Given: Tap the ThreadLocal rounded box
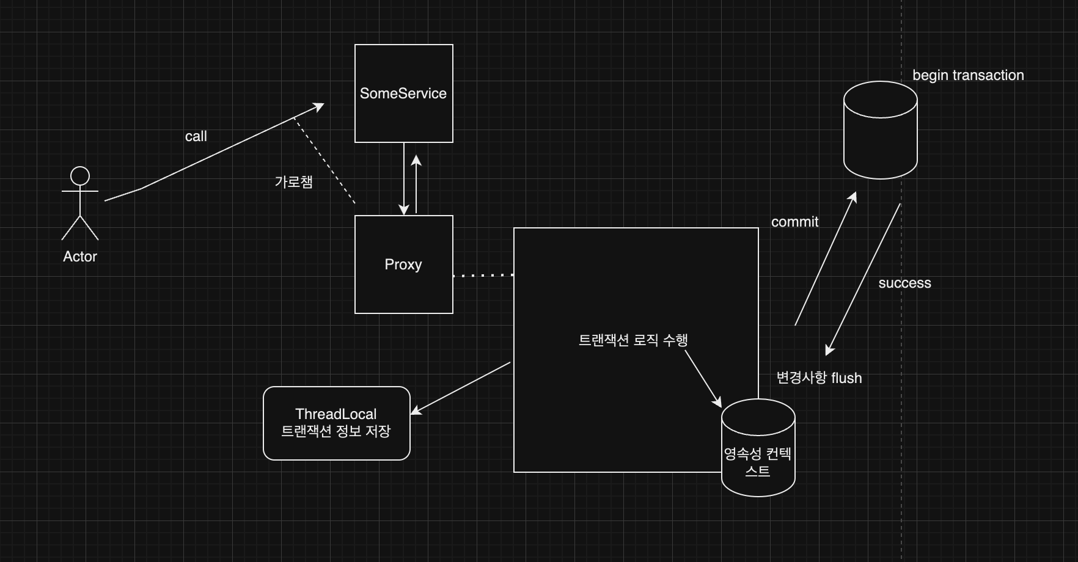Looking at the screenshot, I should (336, 423).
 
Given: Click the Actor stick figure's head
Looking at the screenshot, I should (80, 176).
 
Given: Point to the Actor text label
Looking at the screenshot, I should (80, 257).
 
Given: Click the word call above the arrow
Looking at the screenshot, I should (196, 136).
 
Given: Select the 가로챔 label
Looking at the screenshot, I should (293, 181).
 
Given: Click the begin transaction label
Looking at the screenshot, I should (968, 75).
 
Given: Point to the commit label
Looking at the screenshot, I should (794, 222).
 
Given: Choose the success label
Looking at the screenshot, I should (904, 283).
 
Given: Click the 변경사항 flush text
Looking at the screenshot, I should (819, 378).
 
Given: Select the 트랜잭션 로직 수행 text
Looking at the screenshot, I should (633, 340).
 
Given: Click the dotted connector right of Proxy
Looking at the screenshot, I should (483, 276).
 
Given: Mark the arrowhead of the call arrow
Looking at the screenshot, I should (319, 107).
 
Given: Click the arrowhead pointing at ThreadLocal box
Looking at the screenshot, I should (416, 411).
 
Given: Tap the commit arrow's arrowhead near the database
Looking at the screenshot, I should (853, 197).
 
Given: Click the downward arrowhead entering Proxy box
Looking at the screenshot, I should (403, 210).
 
